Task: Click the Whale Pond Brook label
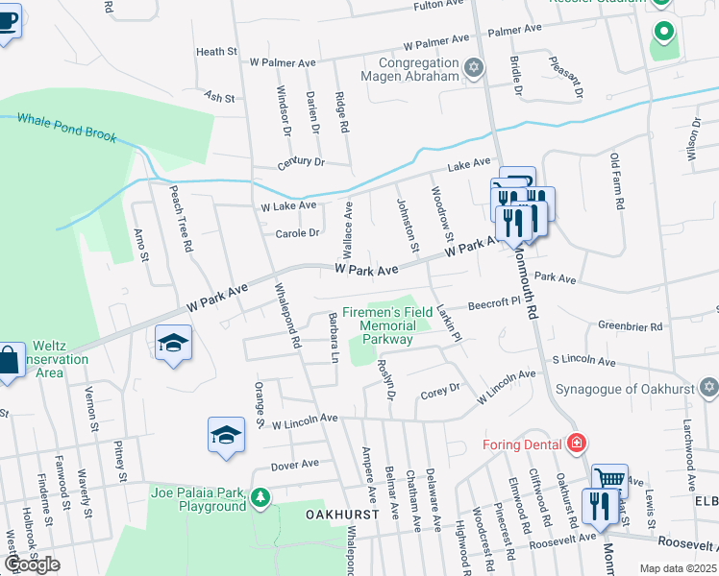click(65, 128)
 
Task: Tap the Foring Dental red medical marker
click(576, 444)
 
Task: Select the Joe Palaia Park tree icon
click(260, 497)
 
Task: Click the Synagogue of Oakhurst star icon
click(709, 388)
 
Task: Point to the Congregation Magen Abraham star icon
click(473, 67)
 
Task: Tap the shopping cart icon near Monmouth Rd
click(608, 479)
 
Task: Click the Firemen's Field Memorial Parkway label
click(387, 325)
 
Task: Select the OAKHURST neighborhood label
click(338, 515)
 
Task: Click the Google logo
click(32, 564)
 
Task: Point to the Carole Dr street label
click(297, 233)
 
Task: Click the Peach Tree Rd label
click(181, 218)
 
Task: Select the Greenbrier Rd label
click(631, 326)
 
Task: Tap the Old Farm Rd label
click(618, 185)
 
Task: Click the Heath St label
click(215, 52)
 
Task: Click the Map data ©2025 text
click(678, 568)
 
